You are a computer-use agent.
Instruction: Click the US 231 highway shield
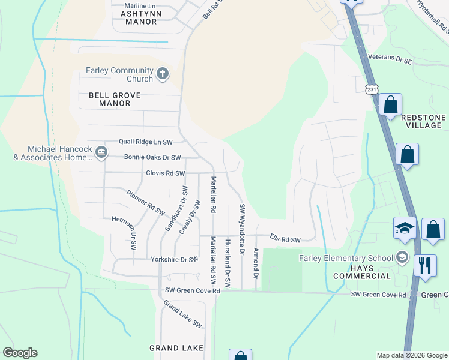click(373, 88)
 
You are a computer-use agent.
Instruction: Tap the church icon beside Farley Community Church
click(162, 74)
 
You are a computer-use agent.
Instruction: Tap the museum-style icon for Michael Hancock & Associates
click(101, 153)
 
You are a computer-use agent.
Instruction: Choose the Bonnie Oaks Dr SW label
click(152, 158)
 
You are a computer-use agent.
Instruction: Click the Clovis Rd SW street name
click(166, 173)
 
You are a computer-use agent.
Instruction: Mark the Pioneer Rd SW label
click(146, 202)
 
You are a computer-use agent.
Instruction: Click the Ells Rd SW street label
click(285, 239)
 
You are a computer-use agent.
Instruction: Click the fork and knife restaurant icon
click(425, 265)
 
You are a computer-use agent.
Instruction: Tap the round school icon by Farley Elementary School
click(402, 258)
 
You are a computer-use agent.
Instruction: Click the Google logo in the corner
click(20, 353)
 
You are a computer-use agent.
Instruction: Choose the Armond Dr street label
click(256, 263)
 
